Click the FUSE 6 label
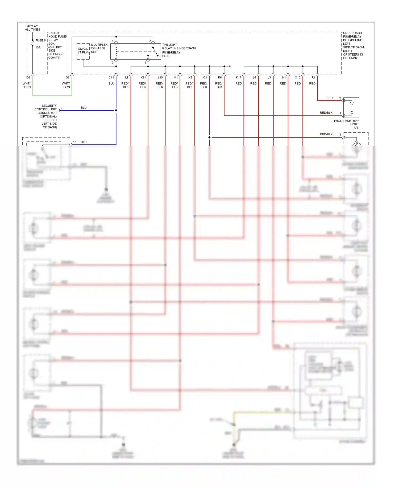coord(40,40)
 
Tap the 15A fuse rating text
coord(38,48)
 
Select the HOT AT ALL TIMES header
coord(32,28)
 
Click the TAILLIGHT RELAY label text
coord(179,50)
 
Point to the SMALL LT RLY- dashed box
coord(83,51)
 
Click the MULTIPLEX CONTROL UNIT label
coord(99,48)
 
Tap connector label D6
coord(28,78)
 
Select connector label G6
coord(68,78)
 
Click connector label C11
coord(111,78)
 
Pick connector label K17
coord(239,78)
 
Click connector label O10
coord(297,78)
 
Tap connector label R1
coord(313,78)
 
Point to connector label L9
coord(127,78)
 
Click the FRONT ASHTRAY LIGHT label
coord(347,124)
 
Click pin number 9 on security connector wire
coord(61,108)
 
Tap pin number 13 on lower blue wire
coord(75,142)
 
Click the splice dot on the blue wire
coord(116,110)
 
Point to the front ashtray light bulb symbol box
coord(351,108)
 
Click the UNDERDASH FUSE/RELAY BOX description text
coord(353,45)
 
